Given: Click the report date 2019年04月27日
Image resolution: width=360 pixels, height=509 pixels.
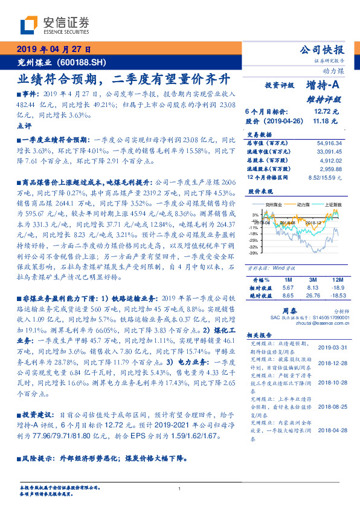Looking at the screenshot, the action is [51, 49].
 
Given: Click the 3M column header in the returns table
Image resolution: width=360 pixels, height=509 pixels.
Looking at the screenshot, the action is [297, 280].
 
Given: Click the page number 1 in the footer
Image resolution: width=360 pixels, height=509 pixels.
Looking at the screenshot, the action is [180, 488].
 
